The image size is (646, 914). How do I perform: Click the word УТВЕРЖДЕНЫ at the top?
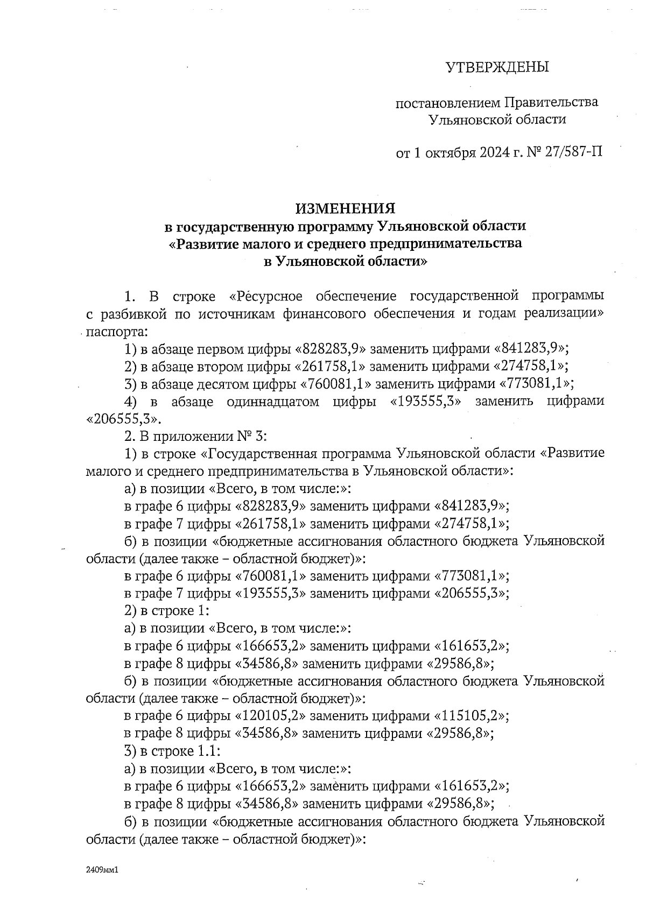[x=497, y=67]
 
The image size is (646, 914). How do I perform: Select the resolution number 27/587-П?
[x=573, y=152]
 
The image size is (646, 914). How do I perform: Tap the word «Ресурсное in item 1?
[x=266, y=296]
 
